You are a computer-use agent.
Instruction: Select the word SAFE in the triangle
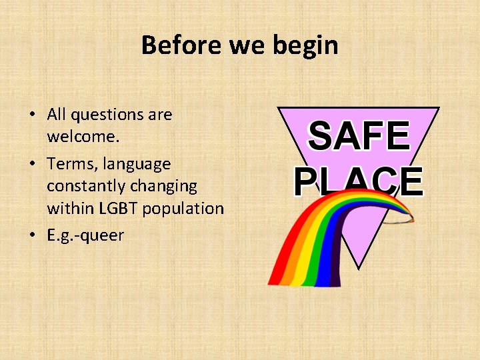pyautogui.click(x=359, y=137)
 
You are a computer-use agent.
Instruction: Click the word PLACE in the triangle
pyautogui.click(x=359, y=181)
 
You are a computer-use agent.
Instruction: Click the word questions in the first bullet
pyautogui.click(x=107, y=115)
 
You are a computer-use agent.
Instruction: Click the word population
pyautogui.click(x=183, y=208)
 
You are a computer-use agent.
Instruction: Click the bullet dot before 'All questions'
pyautogui.click(x=32, y=115)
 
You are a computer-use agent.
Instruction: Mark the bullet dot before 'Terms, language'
pyautogui.click(x=32, y=164)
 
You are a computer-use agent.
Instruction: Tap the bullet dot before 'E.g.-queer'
pyautogui.click(x=32, y=236)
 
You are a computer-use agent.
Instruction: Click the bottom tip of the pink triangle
pyautogui.click(x=359, y=267)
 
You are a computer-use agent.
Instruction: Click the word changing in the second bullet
pyautogui.click(x=167, y=186)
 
